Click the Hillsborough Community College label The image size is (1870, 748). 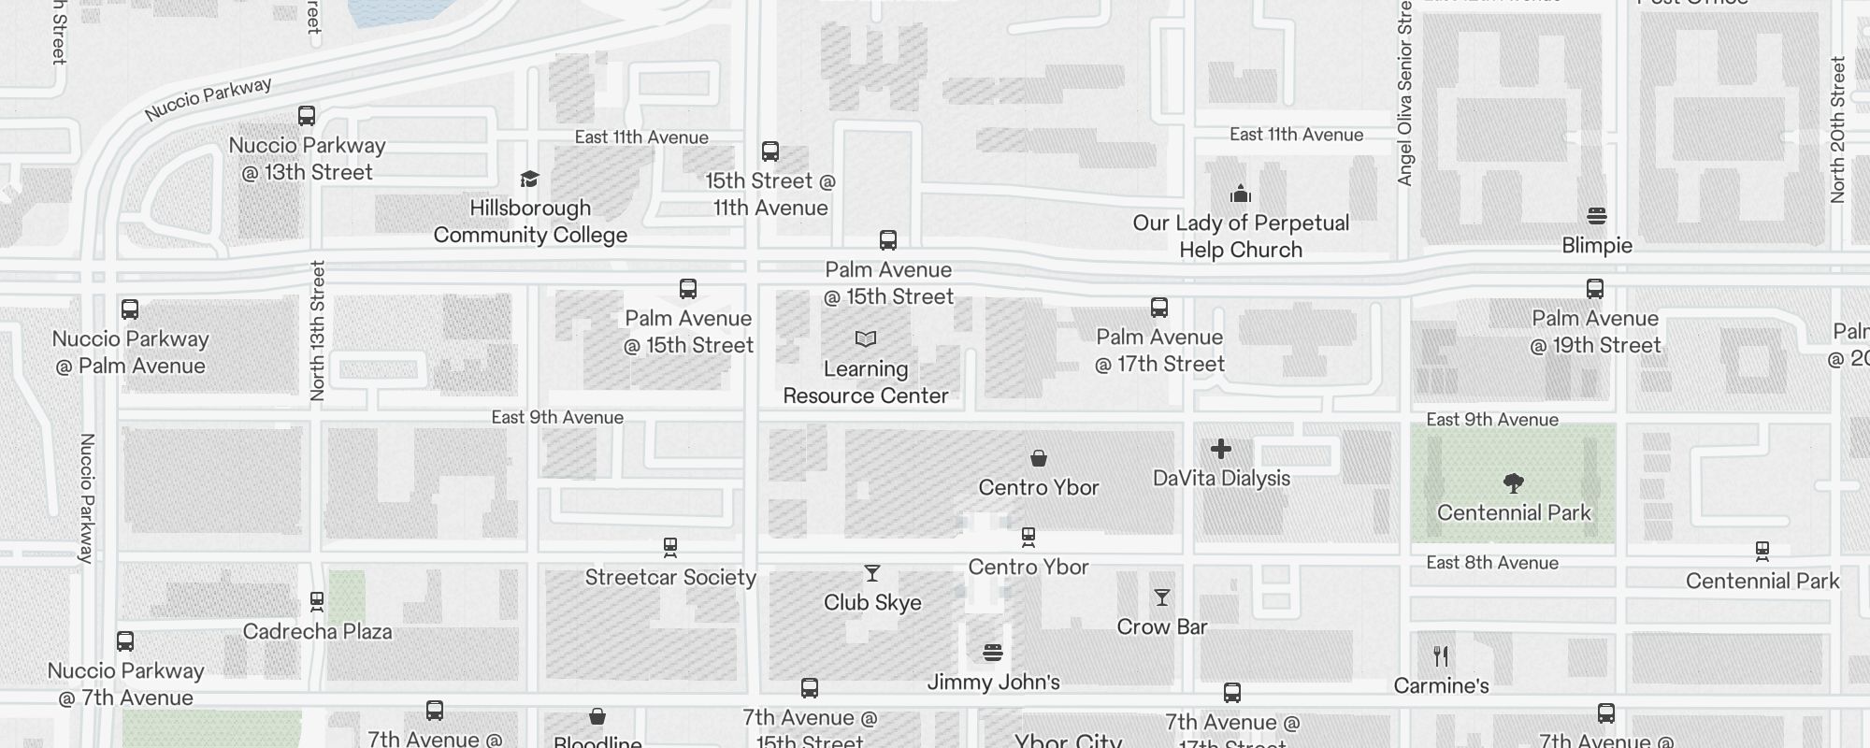(530, 222)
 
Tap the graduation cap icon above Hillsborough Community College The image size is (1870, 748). (530, 179)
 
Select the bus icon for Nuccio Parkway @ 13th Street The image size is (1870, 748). (307, 116)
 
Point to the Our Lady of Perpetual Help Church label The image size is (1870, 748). (1241, 237)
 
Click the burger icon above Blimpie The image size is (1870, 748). (1597, 216)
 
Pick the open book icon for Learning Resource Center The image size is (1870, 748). (866, 338)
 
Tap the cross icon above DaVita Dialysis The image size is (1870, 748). (1221, 450)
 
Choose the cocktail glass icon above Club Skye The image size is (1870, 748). (872, 573)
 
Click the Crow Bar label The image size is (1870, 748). (1162, 626)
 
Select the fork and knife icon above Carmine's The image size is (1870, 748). (1441, 656)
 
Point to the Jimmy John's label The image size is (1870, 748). (993, 682)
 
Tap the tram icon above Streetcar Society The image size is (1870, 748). (669, 547)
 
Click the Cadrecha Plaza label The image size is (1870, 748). (317, 631)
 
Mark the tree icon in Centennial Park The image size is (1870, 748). (1514, 483)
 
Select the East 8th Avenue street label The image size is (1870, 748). (1492, 563)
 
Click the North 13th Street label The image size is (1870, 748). (317, 331)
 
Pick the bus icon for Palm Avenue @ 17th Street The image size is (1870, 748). (1159, 308)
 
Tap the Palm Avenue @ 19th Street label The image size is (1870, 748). (1595, 332)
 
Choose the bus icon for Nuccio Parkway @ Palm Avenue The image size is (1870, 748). (130, 309)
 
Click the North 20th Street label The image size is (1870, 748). (1838, 130)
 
